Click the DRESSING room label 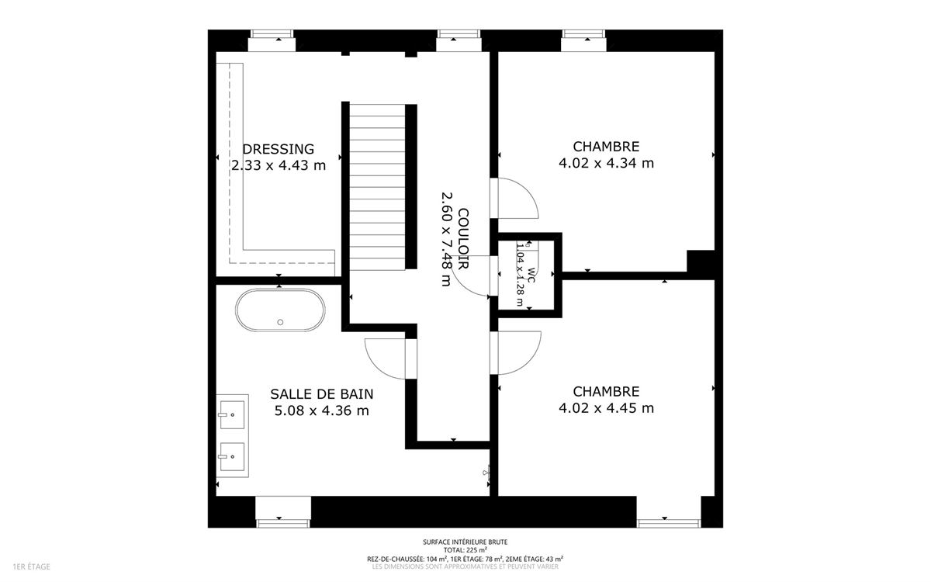click(279, 149)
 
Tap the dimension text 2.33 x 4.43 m click(279, 165)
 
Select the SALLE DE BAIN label click(322, 393)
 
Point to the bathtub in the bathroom click(280, 310)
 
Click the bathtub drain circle click(280, 322)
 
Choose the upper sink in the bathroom click(232, 414)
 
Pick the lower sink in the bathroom click(232, 456)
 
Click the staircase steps click(377, 187)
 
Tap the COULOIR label click(463, 238)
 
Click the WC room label click(531, 275)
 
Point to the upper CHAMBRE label click(606, 147)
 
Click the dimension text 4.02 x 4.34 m click(606, 163)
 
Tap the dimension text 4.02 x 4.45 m click(606, 408)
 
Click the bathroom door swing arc click(374, 365)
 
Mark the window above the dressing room click(272, 40)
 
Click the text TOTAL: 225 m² click(465, 550)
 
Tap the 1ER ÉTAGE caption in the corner click(32, 566)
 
